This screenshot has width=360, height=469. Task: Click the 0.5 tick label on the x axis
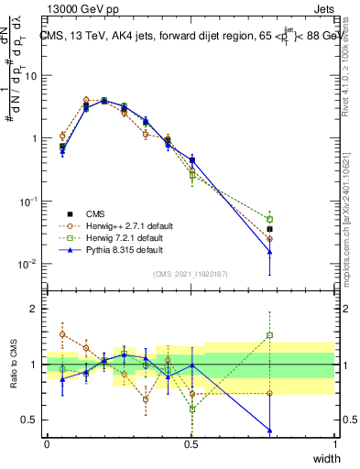(191, 442)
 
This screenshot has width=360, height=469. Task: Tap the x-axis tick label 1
(335, 442)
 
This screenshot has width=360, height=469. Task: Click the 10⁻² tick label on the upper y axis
(27, 264)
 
